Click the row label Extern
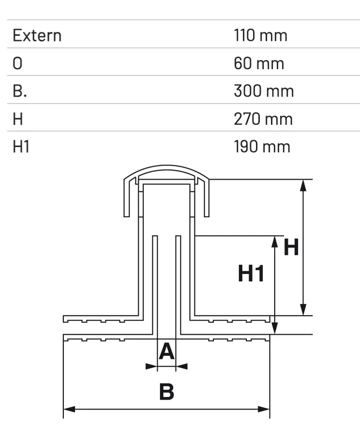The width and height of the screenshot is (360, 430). (x=37, y=35)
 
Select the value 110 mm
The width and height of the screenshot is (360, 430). (x=260, y=35)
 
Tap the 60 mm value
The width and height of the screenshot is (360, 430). (x=259, y=63)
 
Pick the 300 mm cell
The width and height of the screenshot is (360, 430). (x=264, y=91)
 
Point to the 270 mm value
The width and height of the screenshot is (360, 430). (x=263, y=119)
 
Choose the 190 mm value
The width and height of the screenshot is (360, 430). (x=262, y=147)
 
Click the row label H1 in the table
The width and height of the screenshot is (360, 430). (x=21, y=147)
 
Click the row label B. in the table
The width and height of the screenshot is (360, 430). (x=19, y=91)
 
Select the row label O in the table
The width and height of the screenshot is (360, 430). (x=17, y=63)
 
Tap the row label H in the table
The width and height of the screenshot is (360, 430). (x=18, y=119)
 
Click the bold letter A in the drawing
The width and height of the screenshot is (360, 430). (x=166, y=352)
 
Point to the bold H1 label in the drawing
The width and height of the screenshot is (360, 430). (x=251, y=274)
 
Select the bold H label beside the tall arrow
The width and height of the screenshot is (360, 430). (x=291, y=248)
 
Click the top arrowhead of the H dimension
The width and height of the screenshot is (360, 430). (x=303, y=184)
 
